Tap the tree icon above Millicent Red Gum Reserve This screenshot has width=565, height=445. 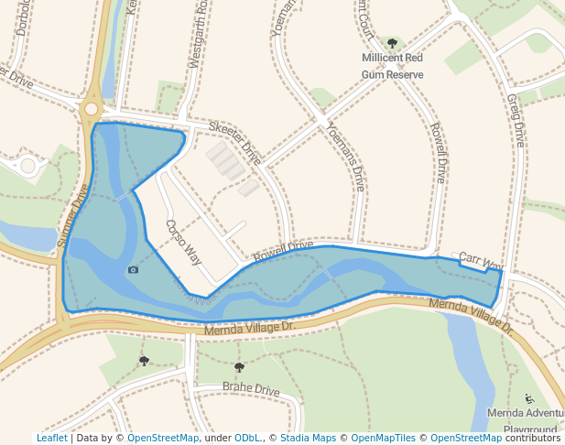pos(393,43)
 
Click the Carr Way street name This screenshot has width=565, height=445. pos(481,262)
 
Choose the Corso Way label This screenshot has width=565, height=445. pos(183,242)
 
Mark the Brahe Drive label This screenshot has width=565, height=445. pos(251,390)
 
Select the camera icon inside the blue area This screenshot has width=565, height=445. pos(134,269)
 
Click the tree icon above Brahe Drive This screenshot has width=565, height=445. pos(239,367)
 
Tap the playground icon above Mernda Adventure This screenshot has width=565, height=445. pos(529,398)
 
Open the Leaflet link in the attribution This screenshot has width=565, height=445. pos(51,439)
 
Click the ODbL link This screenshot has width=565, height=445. pos(247,439)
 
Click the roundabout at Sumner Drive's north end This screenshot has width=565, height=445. pos(90,109)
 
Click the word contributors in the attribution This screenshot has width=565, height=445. pos(532,439)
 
